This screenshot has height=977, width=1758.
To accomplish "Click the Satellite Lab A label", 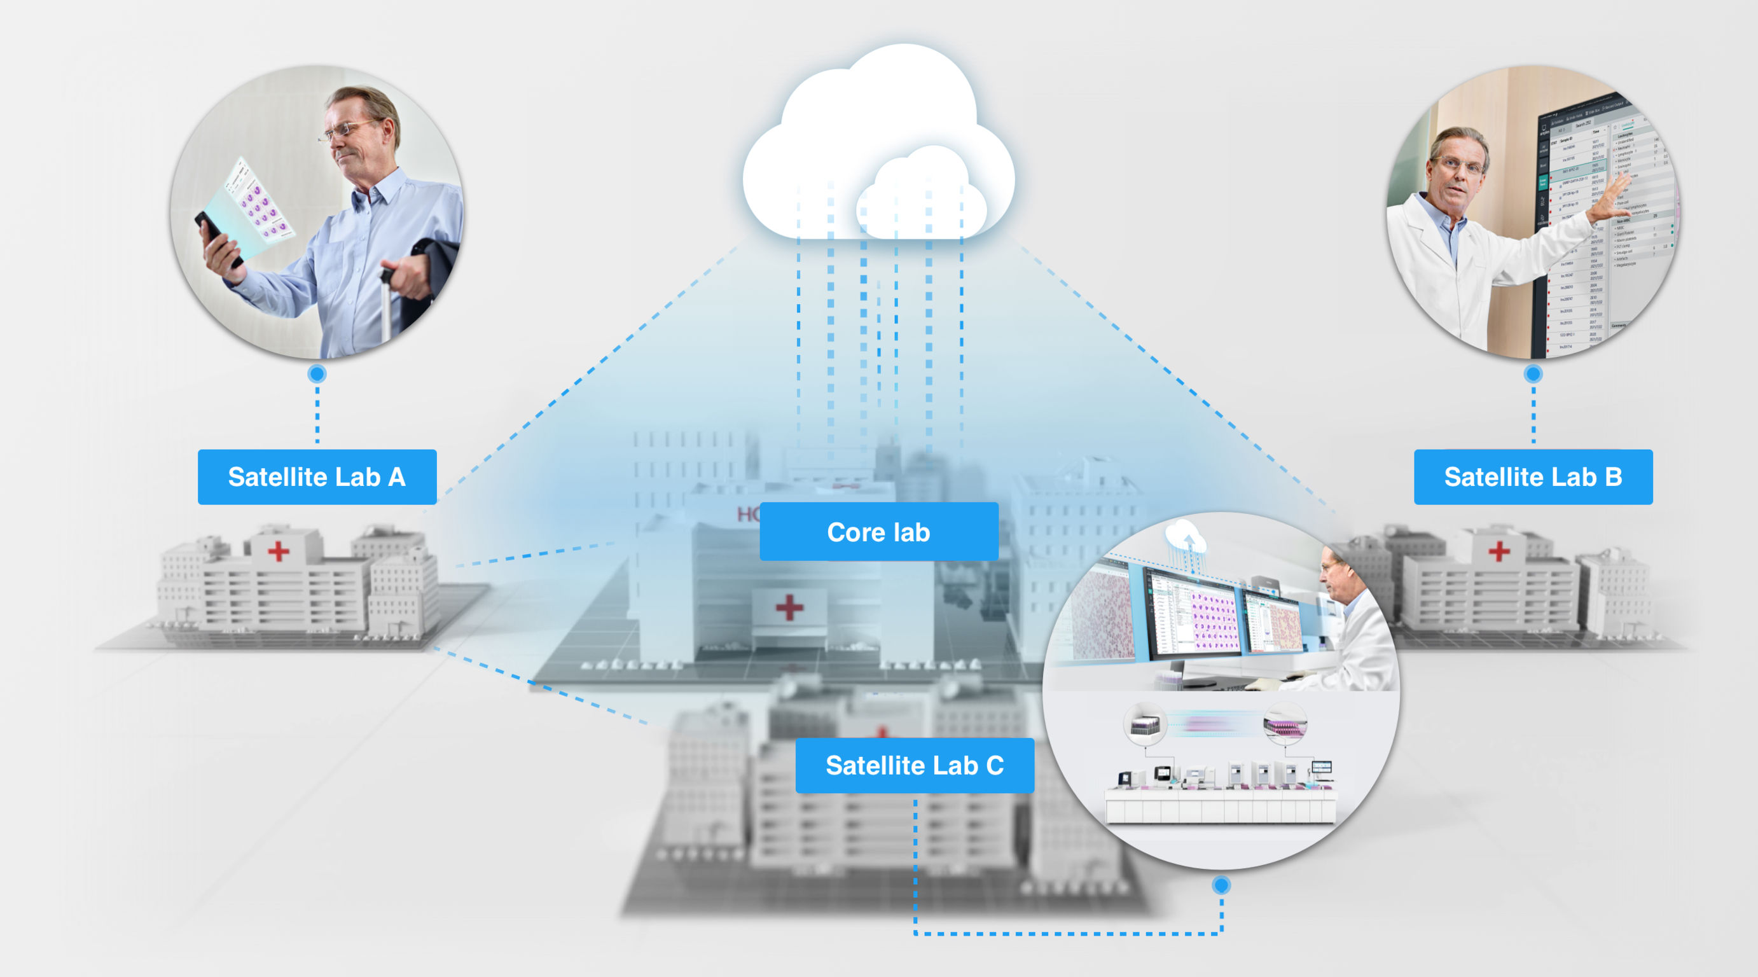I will click(x=317, y=477).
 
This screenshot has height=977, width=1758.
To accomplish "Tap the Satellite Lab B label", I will click(x=1533, y=477).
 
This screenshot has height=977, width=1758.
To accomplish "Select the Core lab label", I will click(x=878, y=532).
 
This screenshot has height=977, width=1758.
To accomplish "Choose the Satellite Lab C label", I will click(x=915, y=765).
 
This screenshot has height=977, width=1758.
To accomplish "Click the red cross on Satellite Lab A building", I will click(x=279, y=551).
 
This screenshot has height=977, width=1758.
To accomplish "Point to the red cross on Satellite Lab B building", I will click(x=1498, y=551).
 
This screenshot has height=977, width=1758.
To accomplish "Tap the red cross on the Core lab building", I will click(x=789, y=607).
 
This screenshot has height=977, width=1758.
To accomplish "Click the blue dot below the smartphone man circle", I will click(x=317, y=374).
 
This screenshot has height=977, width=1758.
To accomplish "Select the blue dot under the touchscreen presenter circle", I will click(x=1533, y=374).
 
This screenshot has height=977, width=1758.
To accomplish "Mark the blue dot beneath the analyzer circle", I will click(x=1221, y=885).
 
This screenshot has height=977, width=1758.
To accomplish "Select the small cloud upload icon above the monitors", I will click(x=1186, y=536).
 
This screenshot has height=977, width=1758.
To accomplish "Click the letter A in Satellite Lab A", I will click(x=396, y=477).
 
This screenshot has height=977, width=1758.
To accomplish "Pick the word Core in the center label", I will click(x=853, y=532).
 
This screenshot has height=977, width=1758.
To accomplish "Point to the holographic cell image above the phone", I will click(x=260, y=201).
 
